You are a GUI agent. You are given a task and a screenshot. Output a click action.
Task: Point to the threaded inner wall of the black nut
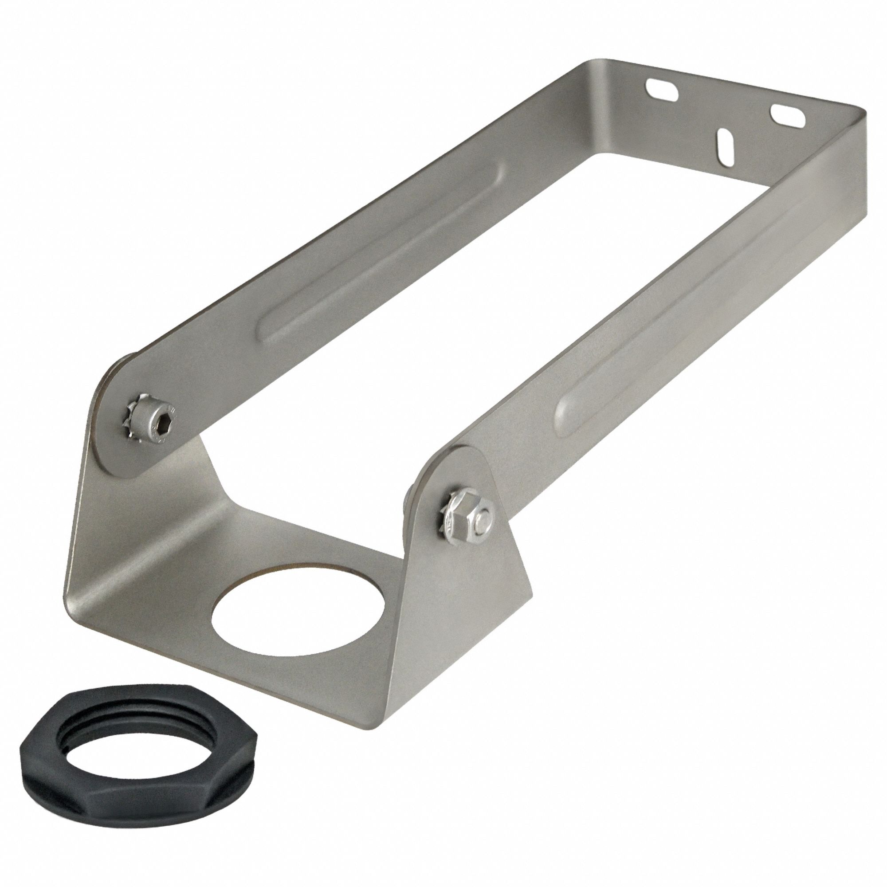138,748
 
